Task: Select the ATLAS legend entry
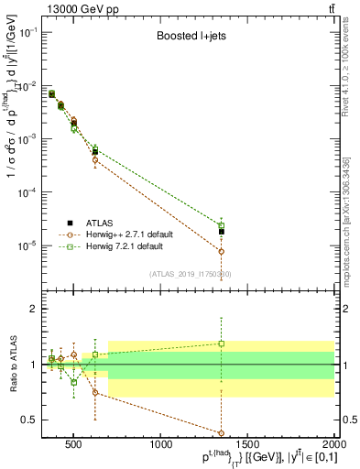100,223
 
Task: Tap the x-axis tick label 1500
248,444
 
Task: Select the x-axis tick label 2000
332,444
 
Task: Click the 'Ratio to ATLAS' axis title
12,365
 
